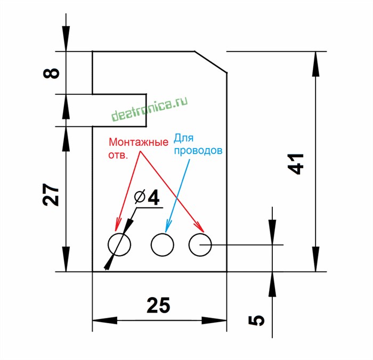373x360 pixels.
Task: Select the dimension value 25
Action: tap(158, 305)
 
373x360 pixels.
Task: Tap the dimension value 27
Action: tap(51, 195)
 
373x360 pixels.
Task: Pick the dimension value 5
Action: tap(257, 320)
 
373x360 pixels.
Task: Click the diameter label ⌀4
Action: tap(147, 198)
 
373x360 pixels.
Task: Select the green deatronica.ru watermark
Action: tap(150, 109)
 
